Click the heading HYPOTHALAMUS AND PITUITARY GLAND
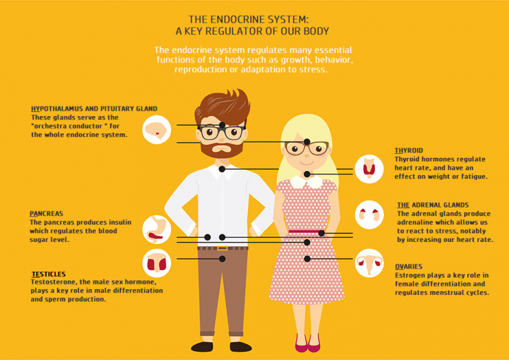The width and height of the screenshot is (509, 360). pos(94,109)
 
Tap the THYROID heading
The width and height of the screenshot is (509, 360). pos(408,150)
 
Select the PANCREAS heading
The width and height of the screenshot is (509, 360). pos(46,213)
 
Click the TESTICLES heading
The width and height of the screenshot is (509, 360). pos(48,274)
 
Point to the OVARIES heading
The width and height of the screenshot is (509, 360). pos(408,267)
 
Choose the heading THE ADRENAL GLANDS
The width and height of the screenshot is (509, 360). pos(433,206)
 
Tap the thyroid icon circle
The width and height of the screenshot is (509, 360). pos(369,168)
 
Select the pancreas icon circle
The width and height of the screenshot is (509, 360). pos(157,229)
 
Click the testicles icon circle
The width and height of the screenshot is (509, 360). pos(157,263)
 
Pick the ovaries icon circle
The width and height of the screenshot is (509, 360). pos(369,263)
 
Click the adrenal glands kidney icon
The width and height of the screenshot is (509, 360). pos(369,215)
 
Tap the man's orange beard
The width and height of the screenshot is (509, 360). pos(222,150)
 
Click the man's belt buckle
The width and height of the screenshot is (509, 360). pos(222,248)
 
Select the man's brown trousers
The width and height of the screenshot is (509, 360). pos(222,292)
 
